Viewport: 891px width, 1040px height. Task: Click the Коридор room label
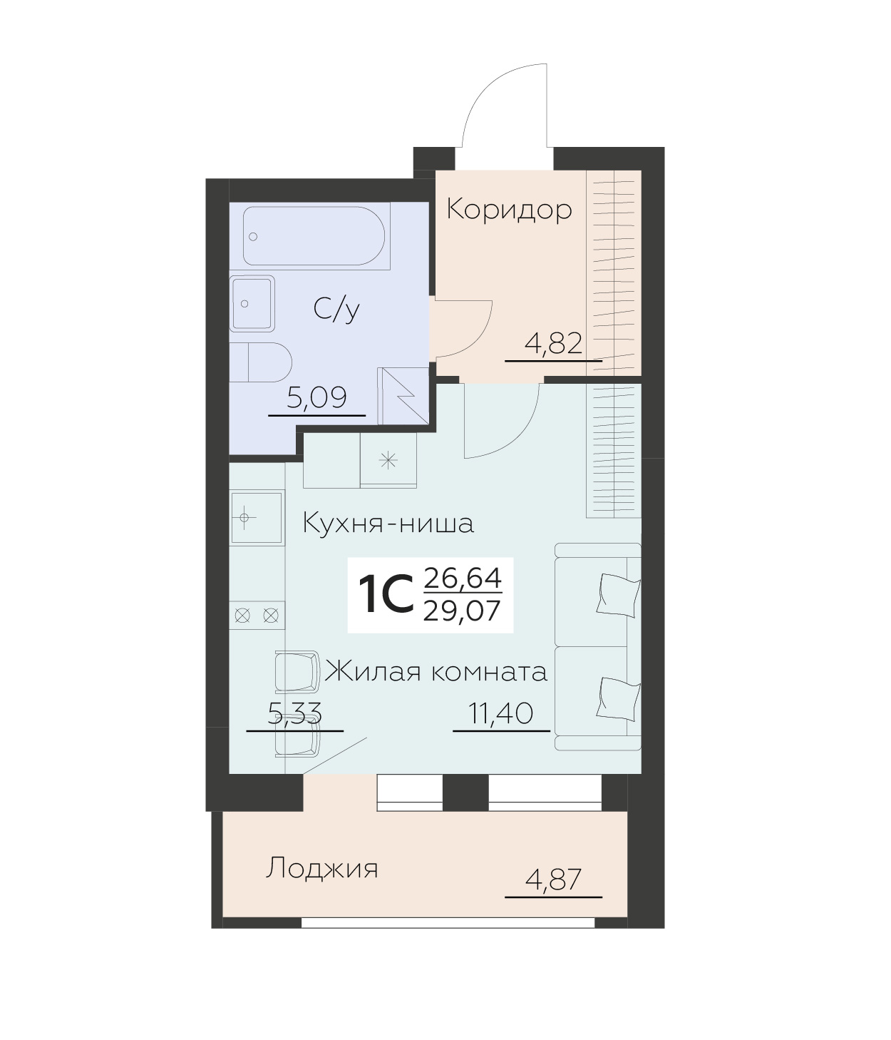coord(509,210)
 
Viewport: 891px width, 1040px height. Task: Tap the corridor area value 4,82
coord(554,345)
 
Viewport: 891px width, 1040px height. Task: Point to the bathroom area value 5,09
coord(316,398)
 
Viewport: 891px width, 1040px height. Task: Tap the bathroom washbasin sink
coord(252,303)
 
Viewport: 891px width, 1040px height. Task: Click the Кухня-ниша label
coord(388,524)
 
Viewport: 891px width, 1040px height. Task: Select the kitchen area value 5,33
coord(294,713)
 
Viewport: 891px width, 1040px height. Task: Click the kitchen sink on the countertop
coord(256,517)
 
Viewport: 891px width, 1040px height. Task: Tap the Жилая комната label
coord(436,672)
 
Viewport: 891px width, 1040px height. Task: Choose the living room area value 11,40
coord(501,713)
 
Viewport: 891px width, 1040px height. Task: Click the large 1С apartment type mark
coord(385,596)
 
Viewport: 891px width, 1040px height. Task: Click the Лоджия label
coord(321,869)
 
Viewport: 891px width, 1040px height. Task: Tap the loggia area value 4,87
coord(553,880)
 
